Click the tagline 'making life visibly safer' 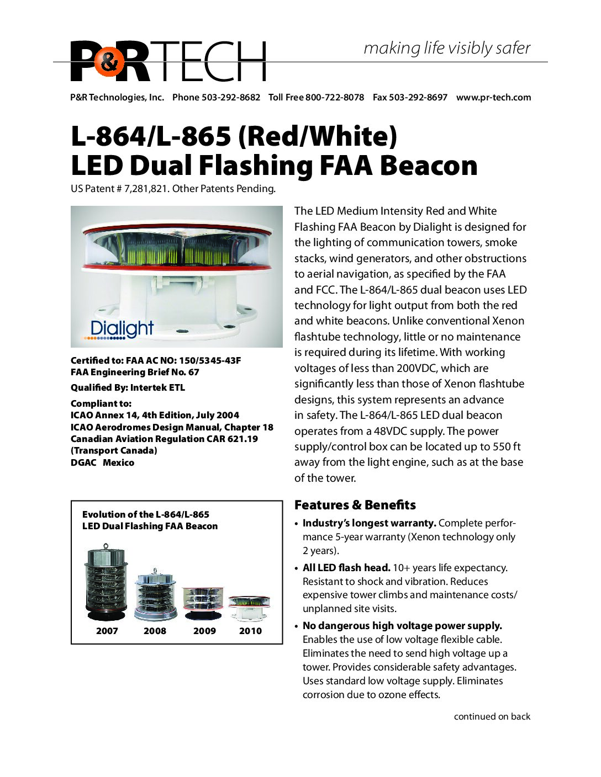[x=446, y=48]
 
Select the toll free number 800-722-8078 [x=335, y=97]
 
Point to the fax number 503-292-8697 [x=418, y=97]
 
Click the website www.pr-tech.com [x=493, y=97]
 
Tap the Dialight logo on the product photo [x=122, y=328]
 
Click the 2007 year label [x=107, y=631]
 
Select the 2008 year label [x=155, y=631]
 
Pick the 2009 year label [x=204, y=631]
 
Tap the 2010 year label [x=250, y=631]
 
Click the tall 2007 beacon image [x=106, y=584]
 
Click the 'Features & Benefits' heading [x=355, y=505]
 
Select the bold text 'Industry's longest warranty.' [x=369, y=523]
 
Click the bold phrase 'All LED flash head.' [x=346, y=568]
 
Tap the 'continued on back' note [x=492, y=716]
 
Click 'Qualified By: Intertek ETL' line [x=128, y=387]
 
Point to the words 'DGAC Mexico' [x=102, y=462]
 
